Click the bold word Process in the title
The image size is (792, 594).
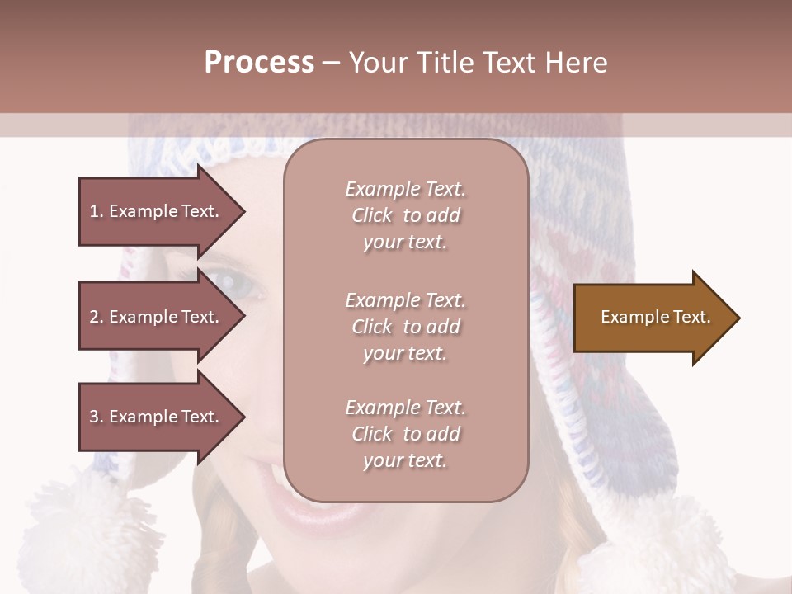259,63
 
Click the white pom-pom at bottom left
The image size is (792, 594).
78,528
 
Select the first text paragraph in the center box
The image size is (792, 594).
405,215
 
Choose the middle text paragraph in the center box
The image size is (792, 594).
405,327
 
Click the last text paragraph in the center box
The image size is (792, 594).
405,434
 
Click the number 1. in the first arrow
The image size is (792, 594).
97,211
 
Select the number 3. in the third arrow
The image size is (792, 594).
97,417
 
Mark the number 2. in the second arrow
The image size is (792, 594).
97,317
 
